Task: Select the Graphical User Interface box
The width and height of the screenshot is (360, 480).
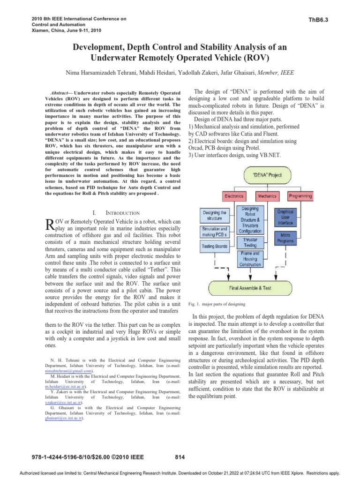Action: pyautogui.click(x=285, y=217)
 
